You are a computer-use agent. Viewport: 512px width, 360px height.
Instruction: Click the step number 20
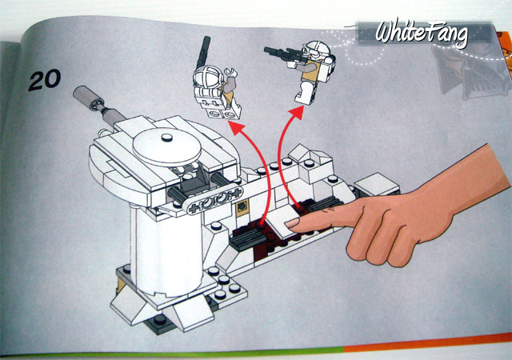[x=45, y=80]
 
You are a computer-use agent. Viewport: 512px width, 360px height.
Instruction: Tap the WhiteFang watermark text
[x=422, y=33]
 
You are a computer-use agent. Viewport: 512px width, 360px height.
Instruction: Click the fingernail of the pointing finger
[x=292, y=223]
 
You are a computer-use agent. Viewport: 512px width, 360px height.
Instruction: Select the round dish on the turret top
[x=167, y=146]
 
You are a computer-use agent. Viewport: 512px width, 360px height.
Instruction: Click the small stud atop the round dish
[x=167, y=138]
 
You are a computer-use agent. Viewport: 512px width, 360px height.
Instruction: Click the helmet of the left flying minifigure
[x=208, y=77]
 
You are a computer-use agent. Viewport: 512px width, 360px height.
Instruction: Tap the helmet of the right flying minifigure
[x=316, y=50]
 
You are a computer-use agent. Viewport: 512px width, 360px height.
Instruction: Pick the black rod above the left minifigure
[x=202, y=51]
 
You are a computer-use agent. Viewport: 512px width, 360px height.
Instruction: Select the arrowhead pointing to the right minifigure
[x=296, y=114]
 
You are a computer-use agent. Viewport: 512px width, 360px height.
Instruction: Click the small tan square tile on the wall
[x=242, y=207]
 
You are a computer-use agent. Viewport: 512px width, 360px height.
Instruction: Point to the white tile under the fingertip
[x=281, y=222]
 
